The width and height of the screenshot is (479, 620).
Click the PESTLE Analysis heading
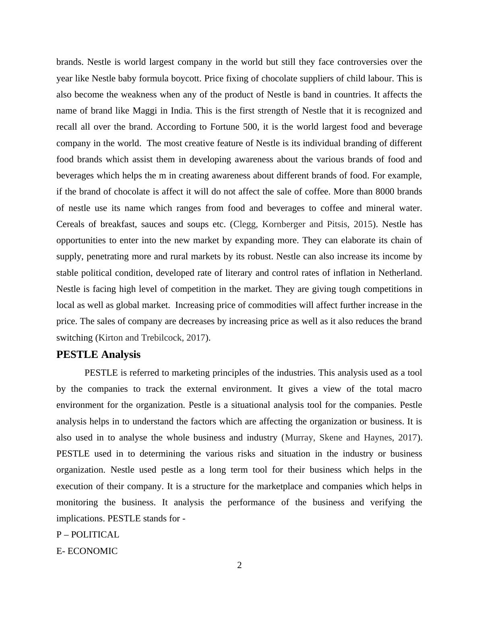coord(98,355)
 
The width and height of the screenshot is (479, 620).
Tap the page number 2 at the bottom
coord(239,566)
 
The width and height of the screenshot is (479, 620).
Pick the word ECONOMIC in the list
coord(92,551)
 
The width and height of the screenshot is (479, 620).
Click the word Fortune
coord(225,127)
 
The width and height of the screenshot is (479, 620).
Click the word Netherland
coord(400,273)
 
